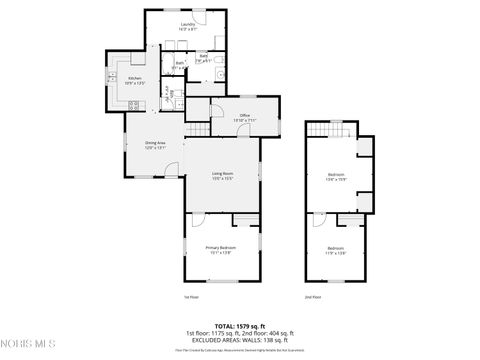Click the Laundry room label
[x=187, y=26]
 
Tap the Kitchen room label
[x=135, y=80]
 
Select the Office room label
[x=243, y=118]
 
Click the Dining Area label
[x=154, y=145]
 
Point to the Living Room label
[x=222, y=176]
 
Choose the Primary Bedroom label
[x=221, y=250]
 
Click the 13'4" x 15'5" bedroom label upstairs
[x=335, y=177]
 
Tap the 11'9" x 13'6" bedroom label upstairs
[x=335, y=250]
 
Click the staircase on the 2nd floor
[x=331, y=130]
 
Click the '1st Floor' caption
[x=191, y=297]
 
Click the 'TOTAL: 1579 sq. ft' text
[x=239, y=325]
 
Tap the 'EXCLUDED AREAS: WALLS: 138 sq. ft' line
[x=239, y=340]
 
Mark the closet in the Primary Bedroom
[x=244, y=218]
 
